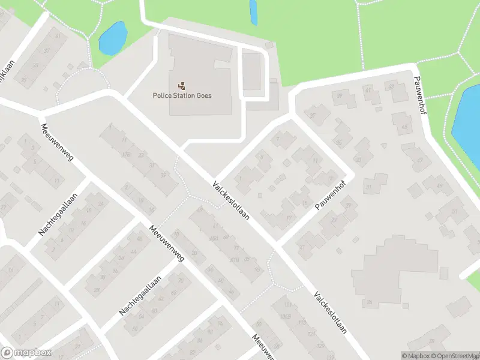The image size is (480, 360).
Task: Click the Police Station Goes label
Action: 182,95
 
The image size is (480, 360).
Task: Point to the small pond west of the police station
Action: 112,38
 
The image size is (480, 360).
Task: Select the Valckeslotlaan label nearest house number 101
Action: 329,313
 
